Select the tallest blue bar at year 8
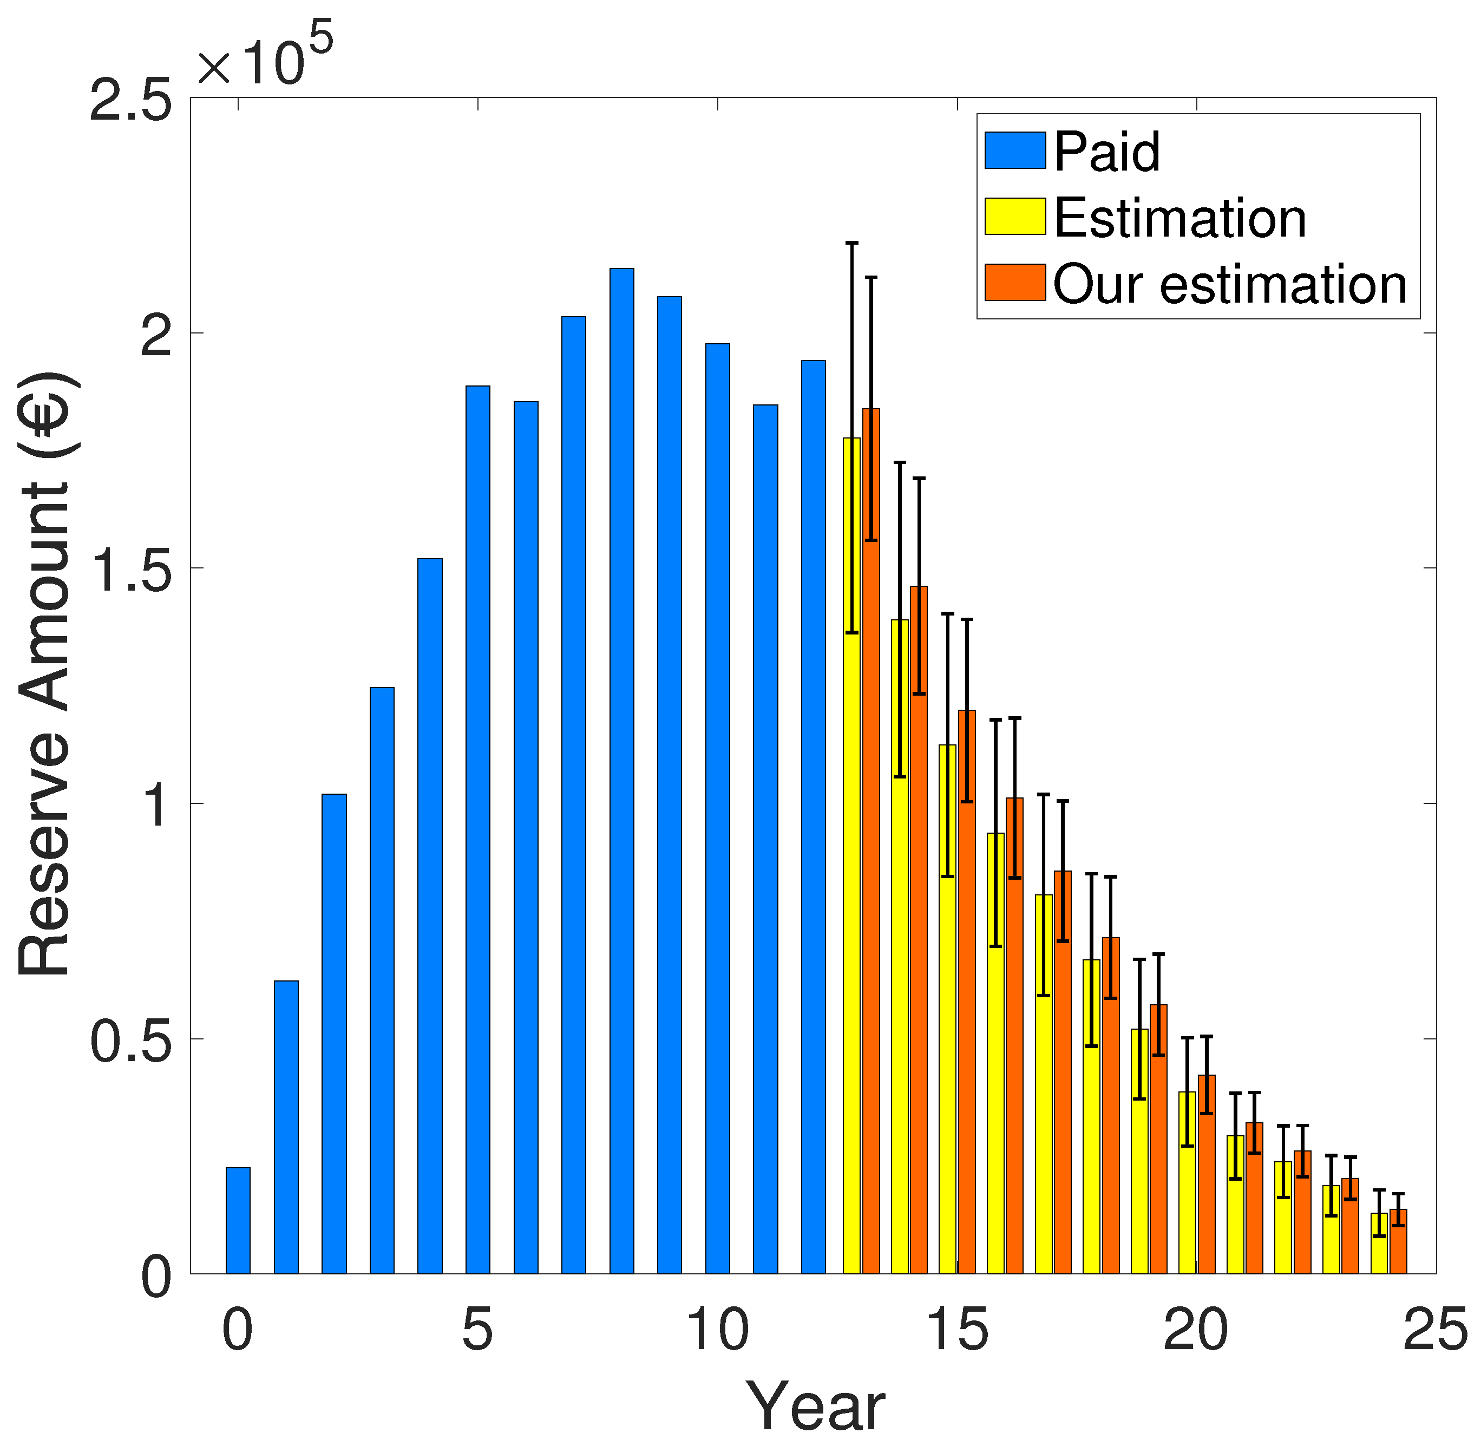(x=621, y=775)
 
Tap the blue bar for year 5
(x=478, y=835)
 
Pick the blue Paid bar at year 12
(x=814, y=820)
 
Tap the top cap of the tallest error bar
(x=851, y=243)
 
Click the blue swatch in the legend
(x=1015, y=151)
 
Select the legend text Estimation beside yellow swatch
(x=1179, y=218)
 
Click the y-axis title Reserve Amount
(x=45, y=676)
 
